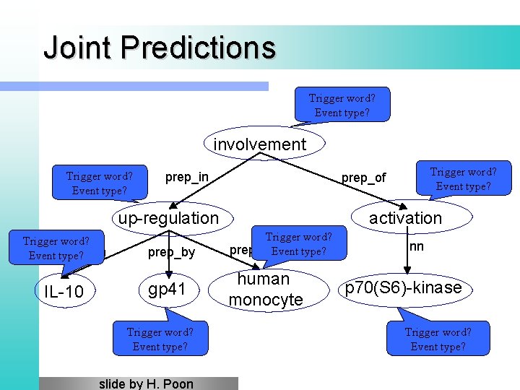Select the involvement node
260,144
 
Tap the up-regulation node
168,218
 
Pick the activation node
405,218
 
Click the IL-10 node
64,292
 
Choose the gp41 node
168,290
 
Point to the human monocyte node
266,290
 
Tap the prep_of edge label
363,178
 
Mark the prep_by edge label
171,252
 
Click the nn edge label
416,246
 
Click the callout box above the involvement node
342,105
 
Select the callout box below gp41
160,338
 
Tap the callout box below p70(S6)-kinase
438,338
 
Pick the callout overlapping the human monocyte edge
298,244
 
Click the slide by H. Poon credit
146,383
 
